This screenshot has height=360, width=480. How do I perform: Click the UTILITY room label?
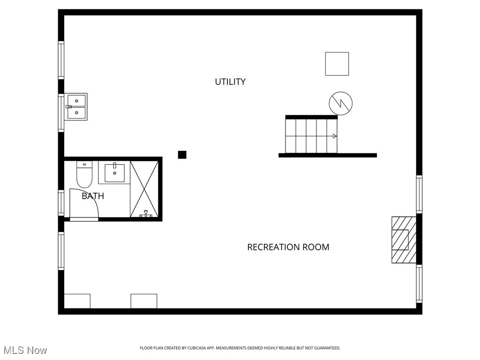[230, 82]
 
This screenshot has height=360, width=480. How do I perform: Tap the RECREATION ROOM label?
[288, 247]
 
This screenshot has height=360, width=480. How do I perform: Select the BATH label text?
[93, 196]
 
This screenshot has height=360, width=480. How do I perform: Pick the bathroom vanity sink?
[114, 173]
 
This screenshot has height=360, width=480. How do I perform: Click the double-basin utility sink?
[76, 107]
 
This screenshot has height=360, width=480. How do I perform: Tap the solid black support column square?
[182, 155]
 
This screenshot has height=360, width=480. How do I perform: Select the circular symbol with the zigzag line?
[341, 103]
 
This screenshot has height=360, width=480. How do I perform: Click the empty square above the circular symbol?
[337, 64]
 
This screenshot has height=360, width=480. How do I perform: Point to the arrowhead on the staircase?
[335, 136]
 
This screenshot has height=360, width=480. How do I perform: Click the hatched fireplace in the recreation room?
[404, 240]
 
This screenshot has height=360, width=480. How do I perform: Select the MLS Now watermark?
[25, 350]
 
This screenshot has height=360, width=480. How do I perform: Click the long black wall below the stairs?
[328, 155]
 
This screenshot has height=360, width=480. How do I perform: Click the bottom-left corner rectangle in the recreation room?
[77, 301]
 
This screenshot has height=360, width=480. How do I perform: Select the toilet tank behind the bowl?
[84, 165]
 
